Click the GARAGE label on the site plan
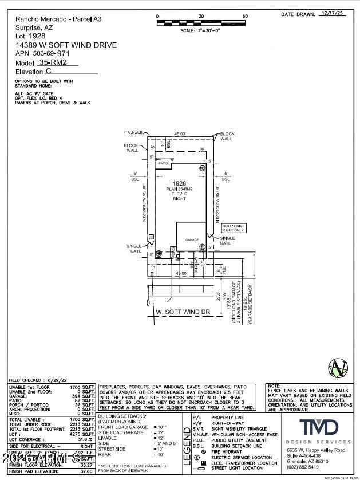pos(191,240)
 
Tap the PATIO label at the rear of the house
pos(163,163)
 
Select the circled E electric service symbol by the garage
pos(202,247)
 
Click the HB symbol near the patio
pos(202,168)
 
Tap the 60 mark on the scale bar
pos(245,16)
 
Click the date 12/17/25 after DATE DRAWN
pos(334,13)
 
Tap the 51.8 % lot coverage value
pos(86,438)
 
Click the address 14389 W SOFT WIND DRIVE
pos(66,45)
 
